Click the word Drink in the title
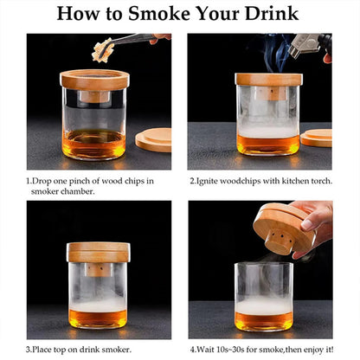click(x=267, y=15)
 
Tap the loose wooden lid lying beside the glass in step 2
click(x=317, y=137)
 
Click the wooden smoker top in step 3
click(x=99, y=252)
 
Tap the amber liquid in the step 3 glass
click(x=99, y=318)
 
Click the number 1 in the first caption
click(x=29, y=180)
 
